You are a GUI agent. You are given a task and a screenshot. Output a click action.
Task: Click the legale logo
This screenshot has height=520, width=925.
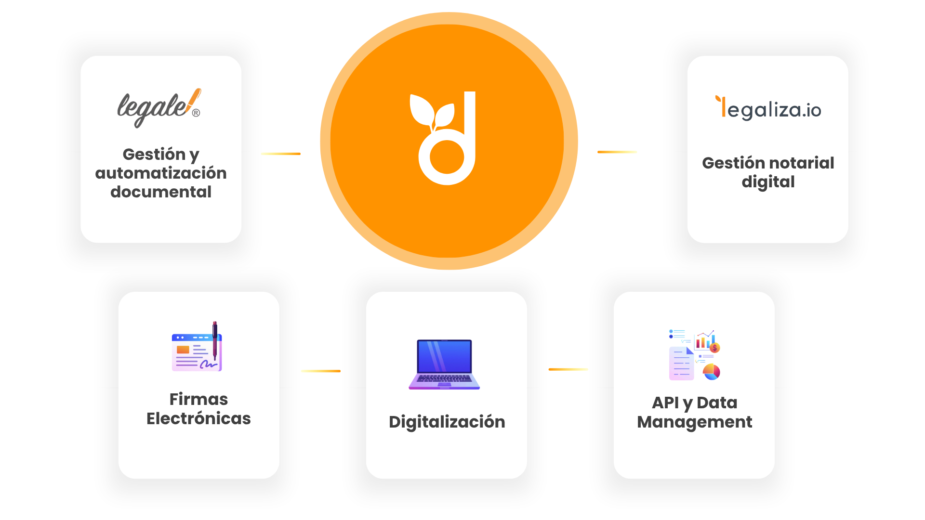pos(159,108)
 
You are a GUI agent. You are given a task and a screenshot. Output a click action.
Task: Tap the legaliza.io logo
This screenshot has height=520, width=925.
pos(768,108)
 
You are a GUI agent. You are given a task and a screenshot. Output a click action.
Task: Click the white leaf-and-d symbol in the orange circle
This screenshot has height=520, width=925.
pos(443,138)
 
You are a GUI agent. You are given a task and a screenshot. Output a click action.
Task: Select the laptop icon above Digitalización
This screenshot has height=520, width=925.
pos(444,364)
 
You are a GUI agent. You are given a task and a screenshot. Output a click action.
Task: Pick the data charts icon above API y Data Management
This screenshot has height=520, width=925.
pos(694,355)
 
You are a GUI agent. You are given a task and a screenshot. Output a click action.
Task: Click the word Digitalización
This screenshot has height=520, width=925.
pos(447,422)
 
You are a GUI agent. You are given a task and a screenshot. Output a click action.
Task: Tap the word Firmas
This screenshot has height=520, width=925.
pos(198,399)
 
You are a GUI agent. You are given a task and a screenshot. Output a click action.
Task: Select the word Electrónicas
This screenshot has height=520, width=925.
pos(198,418)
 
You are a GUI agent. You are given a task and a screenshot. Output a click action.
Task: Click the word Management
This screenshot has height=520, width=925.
pos(694,422)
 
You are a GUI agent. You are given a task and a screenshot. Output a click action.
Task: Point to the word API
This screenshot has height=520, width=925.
pos(665,403)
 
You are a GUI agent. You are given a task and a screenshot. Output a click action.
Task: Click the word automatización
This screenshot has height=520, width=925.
pos(161,173)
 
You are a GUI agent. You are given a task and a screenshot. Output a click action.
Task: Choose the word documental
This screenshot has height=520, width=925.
pos(161,192)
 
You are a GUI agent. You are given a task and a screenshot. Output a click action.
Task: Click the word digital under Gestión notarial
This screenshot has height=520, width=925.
pos(768,182)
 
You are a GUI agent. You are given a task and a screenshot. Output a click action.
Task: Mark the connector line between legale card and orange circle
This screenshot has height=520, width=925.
pos(281,154)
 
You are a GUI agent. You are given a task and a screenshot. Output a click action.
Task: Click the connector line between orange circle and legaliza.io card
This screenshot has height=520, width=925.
pos(617,152)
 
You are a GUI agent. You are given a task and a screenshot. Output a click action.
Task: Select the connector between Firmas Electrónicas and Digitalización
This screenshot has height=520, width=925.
pos(321,371)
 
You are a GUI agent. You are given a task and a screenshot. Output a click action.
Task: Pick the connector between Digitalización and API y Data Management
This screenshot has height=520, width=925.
pos(568,369)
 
